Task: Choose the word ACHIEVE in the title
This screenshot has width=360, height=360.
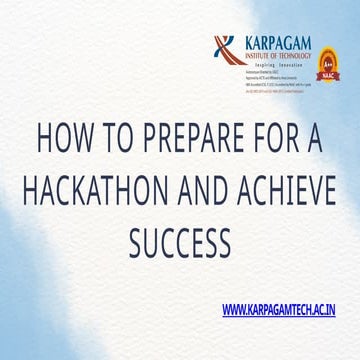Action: pos(294,190)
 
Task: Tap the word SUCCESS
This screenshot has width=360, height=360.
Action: pos(180,240)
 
